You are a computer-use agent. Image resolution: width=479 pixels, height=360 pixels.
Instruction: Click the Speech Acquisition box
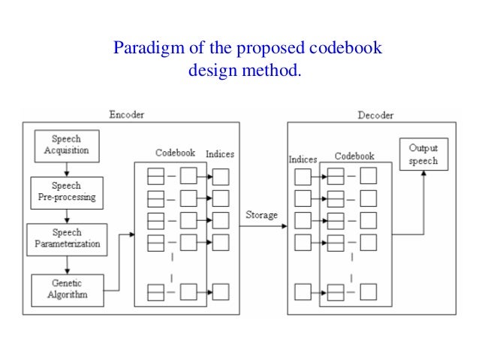[66, 145]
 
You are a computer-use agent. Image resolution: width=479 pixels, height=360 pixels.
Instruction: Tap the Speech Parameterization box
[68, 238]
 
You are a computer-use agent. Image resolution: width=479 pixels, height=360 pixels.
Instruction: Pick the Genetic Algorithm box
[68, 289]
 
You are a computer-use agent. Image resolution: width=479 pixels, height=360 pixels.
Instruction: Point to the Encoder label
[126, 115]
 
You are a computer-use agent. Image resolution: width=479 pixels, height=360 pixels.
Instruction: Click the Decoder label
[375, 115]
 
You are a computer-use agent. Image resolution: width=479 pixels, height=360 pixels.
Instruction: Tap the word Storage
[261, 216]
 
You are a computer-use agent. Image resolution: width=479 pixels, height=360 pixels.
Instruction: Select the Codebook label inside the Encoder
[175, 153]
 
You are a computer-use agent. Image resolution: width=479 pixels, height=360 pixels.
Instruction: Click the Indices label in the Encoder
[219, 154]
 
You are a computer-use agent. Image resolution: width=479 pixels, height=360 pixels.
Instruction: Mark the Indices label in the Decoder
[303, 159]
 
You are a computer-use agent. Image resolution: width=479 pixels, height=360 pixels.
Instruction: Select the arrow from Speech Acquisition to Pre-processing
[67, 169]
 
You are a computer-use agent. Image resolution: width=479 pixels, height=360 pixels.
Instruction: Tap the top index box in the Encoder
[221, 177]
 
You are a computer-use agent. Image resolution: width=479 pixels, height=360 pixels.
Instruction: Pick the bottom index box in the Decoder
[303, 291]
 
